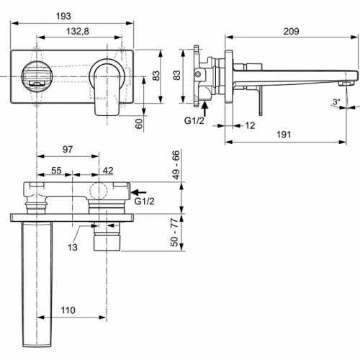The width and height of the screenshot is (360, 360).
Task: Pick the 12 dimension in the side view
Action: (249, 125)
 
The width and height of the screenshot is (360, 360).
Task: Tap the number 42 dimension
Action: (107, 171)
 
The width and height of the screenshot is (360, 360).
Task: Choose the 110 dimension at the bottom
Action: (67, 310)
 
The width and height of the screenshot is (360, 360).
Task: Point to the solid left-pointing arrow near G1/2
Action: (141, 192)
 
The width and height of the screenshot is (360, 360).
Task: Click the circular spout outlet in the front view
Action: (35, 76)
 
